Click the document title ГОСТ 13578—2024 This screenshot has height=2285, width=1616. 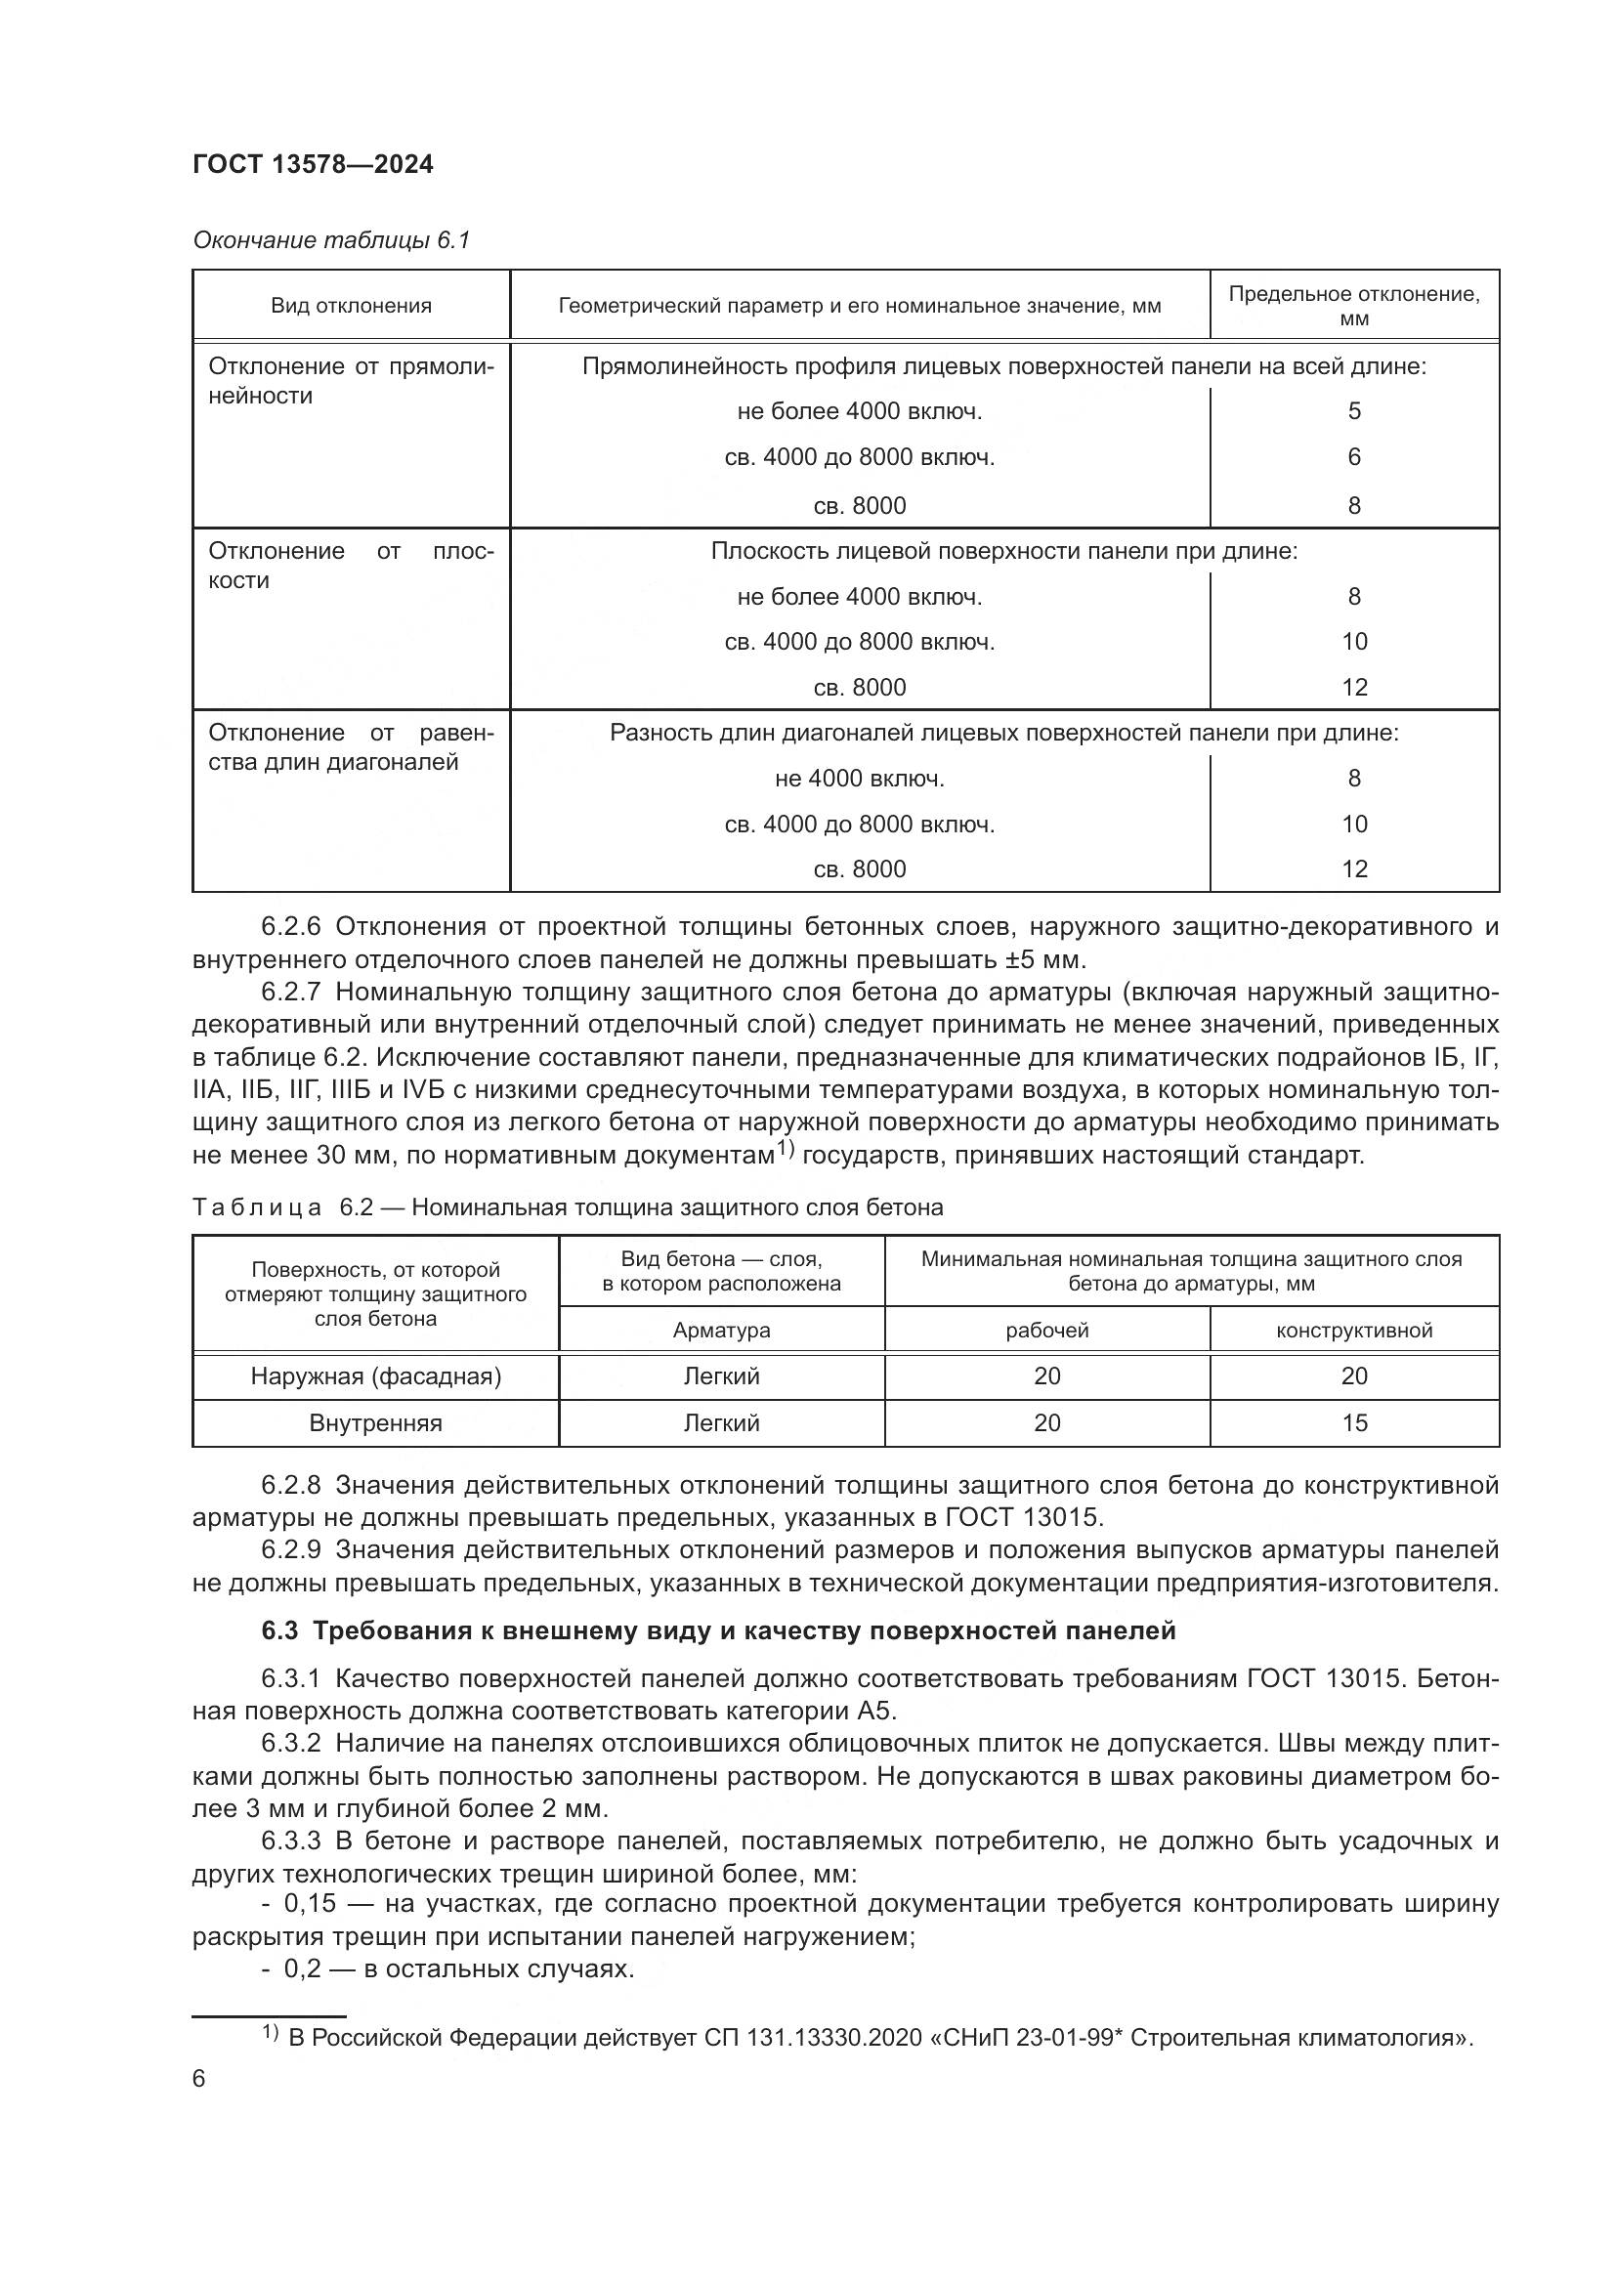coord(313,164)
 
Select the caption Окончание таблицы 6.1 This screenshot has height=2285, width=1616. coord(330,240)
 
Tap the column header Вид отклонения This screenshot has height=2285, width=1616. coord(351,306)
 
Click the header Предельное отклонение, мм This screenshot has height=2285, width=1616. coord(1353,306)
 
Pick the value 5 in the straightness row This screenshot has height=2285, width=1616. coord(1353,411)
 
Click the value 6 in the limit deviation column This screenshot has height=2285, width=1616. coord(1353,457)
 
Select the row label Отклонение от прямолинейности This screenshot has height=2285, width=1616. coord(351,380)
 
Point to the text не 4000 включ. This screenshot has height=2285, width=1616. coord(859,779)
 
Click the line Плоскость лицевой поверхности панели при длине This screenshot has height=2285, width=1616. coord(1003,551)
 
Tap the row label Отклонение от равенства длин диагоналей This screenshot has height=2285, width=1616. coord(351,747)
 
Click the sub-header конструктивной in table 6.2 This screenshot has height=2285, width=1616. coord(1353,1331)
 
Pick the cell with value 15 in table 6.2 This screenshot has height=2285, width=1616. coord(1353,1423)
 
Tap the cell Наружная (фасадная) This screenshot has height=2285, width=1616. coord(375,1376)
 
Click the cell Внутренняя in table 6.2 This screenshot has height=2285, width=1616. coord(375,1423)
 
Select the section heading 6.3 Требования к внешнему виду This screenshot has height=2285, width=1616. coord(717,1631)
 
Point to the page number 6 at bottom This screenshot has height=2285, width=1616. coord(199,2080)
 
